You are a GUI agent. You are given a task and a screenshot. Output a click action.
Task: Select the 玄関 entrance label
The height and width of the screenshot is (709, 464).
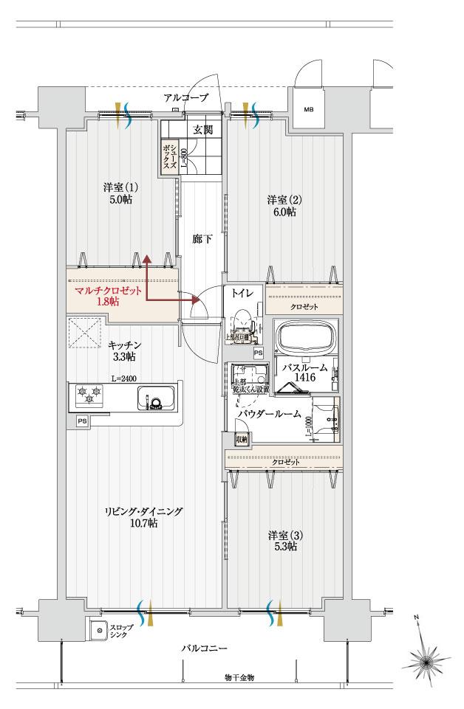pyautogui.click(x=203, y=130)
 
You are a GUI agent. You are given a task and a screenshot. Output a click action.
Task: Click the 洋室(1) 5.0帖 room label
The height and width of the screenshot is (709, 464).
pyautogui.click(x=117, y=193)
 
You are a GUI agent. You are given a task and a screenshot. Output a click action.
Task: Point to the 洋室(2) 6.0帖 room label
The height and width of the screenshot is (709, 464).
pyautogui.click(x=281, y=206)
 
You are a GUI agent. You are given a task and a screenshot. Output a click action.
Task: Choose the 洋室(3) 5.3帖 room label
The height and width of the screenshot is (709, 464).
pyautogui.click(x=282, y=540)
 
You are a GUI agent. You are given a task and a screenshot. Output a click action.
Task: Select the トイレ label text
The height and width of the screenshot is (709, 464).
pyautogui.click(x=242, y=293)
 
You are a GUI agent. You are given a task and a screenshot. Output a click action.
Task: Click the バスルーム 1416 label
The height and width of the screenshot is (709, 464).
pyautogui.click(x=303, y=370)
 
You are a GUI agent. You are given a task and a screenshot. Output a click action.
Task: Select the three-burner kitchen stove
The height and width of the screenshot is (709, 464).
pyautogui.click(x=88, y=396)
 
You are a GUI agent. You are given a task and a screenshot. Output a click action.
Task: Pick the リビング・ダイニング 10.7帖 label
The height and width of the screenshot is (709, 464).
pyautogui.click(x=143, y=517)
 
